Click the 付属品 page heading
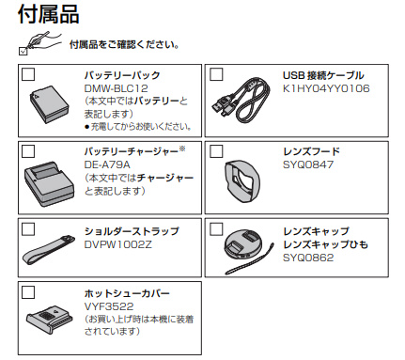49,14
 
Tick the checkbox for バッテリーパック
28,74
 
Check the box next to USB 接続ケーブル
216,74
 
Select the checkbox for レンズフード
216,151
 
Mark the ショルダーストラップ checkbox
28,229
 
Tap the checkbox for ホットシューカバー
28,292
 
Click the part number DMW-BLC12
117,88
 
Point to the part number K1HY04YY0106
326,88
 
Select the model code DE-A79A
107,164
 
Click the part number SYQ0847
308,164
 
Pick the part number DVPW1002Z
118,244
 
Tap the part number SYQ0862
308,258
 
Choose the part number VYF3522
109,306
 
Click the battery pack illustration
49,104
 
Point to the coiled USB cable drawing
241,100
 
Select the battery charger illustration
49,184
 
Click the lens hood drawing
242,181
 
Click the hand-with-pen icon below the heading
40,42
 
